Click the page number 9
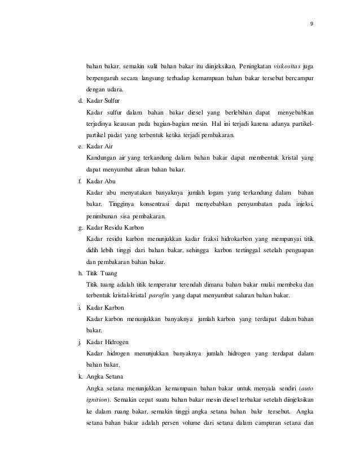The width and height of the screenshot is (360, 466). coord(313,23)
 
